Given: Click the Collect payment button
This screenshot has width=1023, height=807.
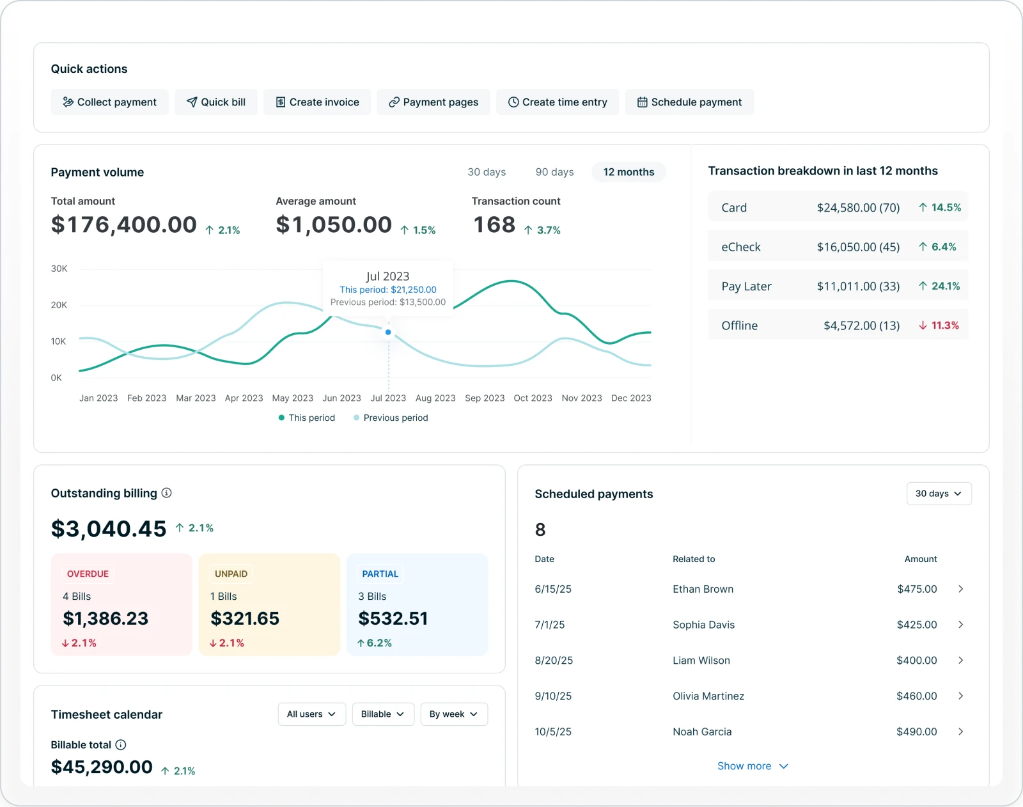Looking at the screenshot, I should coord(109,102).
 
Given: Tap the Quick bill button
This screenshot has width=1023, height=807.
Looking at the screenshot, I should coord(216,102).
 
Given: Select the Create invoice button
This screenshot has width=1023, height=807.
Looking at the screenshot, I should coord(317,102).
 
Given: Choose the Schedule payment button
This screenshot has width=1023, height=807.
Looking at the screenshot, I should coord(689,102).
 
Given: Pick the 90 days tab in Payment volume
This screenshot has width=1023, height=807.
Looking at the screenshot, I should coord(554,172).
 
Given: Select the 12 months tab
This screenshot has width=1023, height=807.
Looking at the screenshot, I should coord(629,172).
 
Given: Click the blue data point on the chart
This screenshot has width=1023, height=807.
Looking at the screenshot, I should coord(388,333).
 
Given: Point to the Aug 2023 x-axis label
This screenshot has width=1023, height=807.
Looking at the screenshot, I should coord(435,398).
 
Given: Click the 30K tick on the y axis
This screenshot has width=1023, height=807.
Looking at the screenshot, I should coord(59,269).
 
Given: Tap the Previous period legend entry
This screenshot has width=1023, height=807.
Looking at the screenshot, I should coord(391,418).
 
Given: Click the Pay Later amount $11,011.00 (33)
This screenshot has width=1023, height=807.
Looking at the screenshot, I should coord(858,286).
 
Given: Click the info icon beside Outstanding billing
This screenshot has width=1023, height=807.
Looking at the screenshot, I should coord(167,493).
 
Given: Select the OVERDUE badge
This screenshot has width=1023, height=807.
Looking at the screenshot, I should coord(88,574).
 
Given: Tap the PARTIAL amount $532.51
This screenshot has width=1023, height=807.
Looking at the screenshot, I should coord(393,618).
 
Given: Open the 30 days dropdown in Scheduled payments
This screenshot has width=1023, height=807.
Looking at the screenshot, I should coord(939,494).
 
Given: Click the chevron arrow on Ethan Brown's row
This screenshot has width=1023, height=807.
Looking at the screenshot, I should coord(960,589).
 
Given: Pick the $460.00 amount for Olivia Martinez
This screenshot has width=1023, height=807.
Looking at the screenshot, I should coord(916,696).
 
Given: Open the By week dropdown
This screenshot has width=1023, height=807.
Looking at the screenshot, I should coord(453,714).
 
